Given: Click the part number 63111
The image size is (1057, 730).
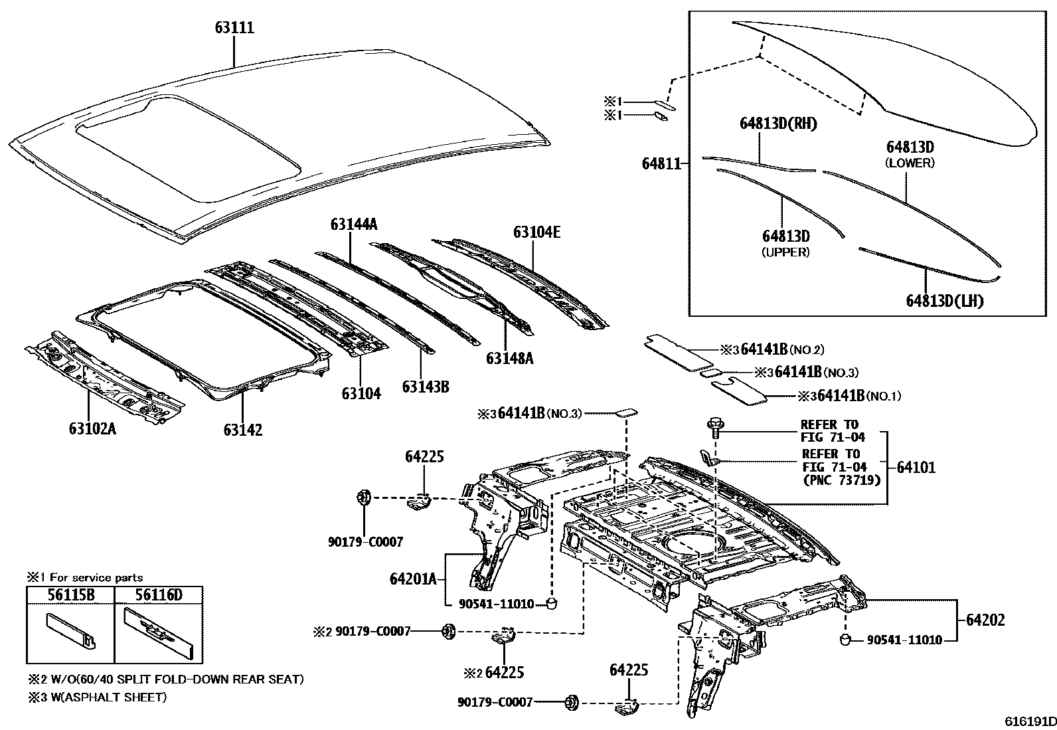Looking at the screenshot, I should tap(234, 28).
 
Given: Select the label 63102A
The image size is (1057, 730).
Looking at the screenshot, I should tap(92, 428).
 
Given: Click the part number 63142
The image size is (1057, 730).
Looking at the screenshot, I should tap(242, 430).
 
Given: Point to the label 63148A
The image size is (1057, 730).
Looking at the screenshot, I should tap(509, 359).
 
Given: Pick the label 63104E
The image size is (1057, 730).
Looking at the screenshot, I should tap(536, 232).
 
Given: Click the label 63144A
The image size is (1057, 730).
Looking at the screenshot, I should tap(353, 225).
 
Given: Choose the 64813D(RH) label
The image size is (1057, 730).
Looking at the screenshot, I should tap(778, 124).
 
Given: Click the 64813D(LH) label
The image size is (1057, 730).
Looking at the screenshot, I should tap(944, 301).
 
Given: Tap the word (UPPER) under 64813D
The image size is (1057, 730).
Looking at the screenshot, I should tap(785, 252).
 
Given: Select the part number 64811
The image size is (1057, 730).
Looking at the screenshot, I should tap(662, 163).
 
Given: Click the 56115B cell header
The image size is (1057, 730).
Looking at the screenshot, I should tap(70, 594).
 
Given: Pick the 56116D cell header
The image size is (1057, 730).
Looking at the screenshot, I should tap(158, 594).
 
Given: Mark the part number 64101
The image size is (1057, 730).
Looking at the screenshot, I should tap(916, 468).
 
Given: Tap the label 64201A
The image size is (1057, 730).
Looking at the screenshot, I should tap(413, 579).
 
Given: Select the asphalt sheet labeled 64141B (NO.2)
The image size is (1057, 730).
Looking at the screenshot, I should tap(678, 350).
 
